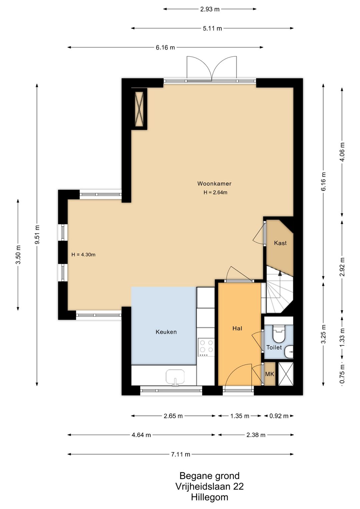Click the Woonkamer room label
pos(214,183)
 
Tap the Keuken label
pos(166,332)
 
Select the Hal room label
pos(237,328)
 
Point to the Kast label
pos(280,243)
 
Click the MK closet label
pos(270,374)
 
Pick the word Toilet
pos(274,348)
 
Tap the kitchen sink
pos(175,377)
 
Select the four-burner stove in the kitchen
pos(206,348)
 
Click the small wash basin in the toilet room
pos(289,351)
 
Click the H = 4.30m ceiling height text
pos(83,255)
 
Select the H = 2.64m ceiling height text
pos(215,192)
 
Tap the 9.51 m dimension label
pos(37,234)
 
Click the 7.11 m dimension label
pos(181,454)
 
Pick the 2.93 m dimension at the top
pos(210,9)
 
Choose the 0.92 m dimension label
pos(279,416)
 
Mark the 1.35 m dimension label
pos(240,416)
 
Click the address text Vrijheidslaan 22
pos(209,487)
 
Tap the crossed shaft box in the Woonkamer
pos(139,109)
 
